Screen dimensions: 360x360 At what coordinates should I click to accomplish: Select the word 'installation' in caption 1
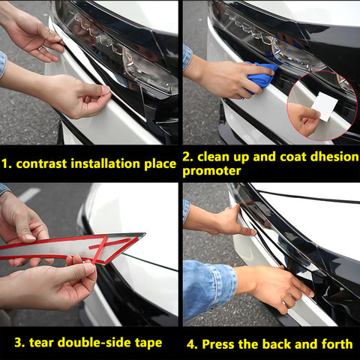click(109, 163)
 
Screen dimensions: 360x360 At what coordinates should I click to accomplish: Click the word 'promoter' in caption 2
click(212, 171)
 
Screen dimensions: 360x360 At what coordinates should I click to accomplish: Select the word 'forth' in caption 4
click(335, 344)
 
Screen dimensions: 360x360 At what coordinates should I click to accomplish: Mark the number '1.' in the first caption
click(7, 163)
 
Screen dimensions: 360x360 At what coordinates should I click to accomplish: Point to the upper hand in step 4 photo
click(225, 221)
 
